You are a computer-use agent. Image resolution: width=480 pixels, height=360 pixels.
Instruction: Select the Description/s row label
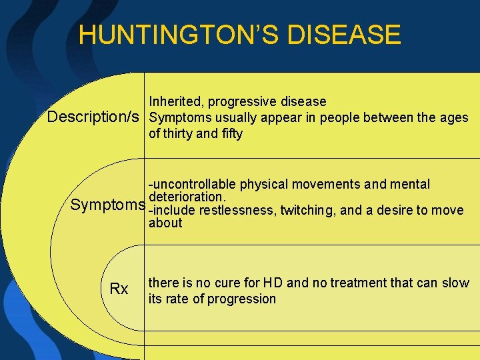(94, 117)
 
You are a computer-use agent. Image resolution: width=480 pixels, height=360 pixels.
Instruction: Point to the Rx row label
(119, 289)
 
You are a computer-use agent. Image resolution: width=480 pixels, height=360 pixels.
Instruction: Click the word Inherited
(176, 101)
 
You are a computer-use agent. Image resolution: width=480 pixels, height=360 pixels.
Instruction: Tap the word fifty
(231, 133)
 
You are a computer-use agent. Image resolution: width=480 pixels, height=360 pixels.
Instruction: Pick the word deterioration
(188, 197)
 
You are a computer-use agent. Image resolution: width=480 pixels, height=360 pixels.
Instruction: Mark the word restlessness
(233, 210)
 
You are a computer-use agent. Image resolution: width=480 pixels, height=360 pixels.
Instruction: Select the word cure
(229, 283)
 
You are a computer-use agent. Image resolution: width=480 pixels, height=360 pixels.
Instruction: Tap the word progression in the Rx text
(241, 299)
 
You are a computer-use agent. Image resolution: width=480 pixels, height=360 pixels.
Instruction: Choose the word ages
(454, 118)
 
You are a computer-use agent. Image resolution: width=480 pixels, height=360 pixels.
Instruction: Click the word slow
(456, 283)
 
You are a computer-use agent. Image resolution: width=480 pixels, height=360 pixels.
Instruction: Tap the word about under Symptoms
(165, 223)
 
